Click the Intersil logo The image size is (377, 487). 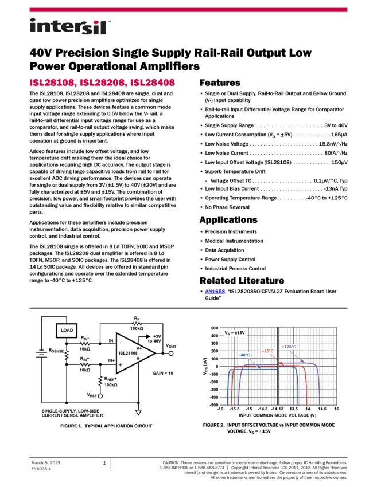click(x=70, y=27)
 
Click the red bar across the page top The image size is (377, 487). click(x=188, y=10)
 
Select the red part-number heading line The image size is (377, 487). click(x=102, y=83)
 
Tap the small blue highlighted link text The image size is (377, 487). click(x=215, y=292)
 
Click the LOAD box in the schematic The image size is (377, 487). click(x=67, y=331)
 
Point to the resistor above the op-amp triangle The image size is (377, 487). click(x=137, y=324)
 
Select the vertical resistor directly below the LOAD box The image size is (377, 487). click(x=67, y=355)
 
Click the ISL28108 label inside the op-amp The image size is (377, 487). click(x=129, y=353)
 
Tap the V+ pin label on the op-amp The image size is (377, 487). click(x=139, y=348)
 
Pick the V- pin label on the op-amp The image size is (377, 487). click(x=138, y=359)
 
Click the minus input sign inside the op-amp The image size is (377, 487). click(x=120, y=343)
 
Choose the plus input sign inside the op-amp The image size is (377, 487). click(x=120, y=365)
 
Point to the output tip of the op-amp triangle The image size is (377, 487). click(x=153, y=354)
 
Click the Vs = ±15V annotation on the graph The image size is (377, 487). click(x=235, y=333)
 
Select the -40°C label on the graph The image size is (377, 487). click(x=244, y=355)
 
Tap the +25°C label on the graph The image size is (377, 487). click(x=267, y=351)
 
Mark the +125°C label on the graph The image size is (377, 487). click(x=289, y=347)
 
